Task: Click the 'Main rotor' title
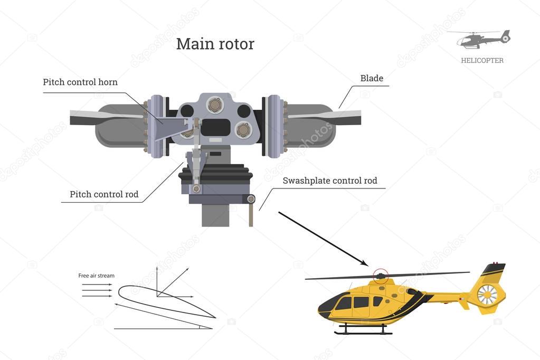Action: [215, 44]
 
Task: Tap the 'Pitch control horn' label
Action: [80, 82]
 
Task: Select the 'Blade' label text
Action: [372, 79]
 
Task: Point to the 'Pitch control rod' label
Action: [104, 194]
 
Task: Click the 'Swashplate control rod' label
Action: [330, 181]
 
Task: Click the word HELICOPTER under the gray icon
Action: [482, 61]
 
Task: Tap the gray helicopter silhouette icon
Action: [480, 39]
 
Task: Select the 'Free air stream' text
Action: [96, 276]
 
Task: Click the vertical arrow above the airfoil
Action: [157, 280]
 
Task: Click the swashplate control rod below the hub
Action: [251, 213]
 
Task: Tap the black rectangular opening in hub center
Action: [216, 127]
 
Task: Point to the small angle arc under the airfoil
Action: [200, 327]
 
